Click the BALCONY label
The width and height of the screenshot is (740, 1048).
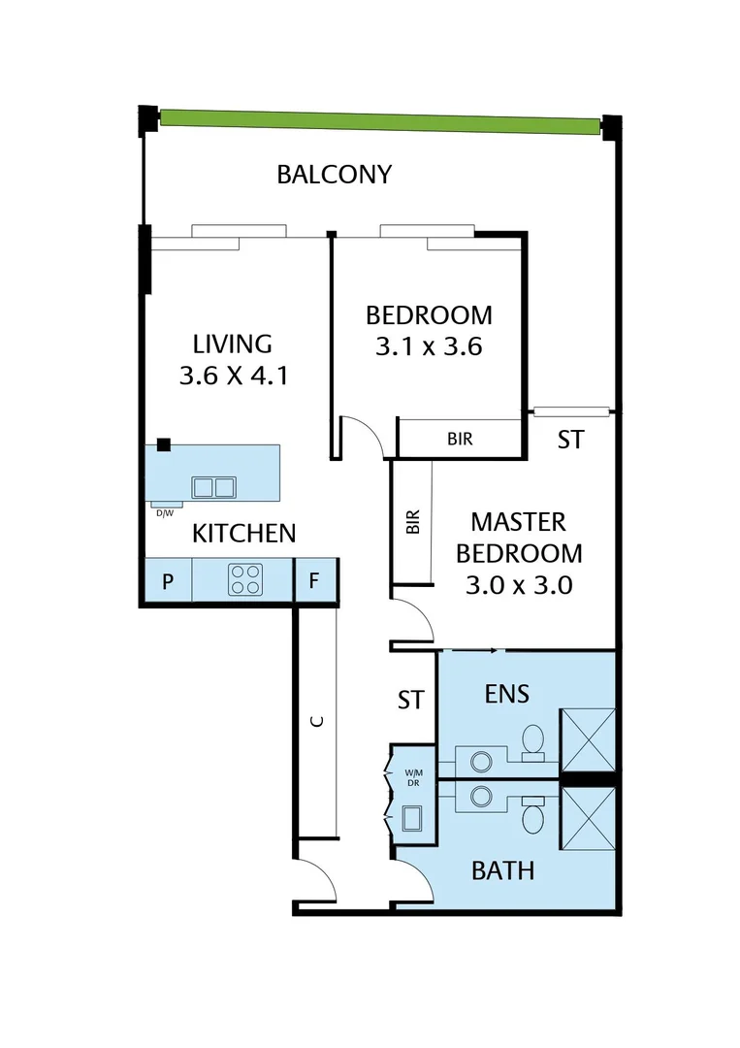(x=334, y=175)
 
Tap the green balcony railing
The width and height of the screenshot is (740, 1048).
(x=378, y=121)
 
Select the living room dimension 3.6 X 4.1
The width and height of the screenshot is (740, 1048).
(x=233, y=376)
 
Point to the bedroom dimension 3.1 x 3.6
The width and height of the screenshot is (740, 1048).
(x=429, y=346)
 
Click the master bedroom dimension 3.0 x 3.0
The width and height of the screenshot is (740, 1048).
(x=519, y=585)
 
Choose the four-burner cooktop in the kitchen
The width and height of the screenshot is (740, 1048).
(x=244, y=580)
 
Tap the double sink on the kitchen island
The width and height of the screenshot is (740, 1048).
(x=213, y=486)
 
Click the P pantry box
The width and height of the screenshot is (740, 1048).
(x=168, y=582)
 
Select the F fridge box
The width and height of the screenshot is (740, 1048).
(x=314, y=582)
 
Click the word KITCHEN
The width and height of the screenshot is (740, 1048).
(x=243, y=533)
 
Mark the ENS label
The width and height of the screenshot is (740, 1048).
(x=505, y=694)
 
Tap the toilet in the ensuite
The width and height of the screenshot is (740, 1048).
(x=531, y=740)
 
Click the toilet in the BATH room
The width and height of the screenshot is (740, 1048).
(x=532, y=817)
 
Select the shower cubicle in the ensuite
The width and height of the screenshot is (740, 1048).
(x=588, y=740)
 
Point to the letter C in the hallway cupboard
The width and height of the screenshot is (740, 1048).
(x=315, y=721)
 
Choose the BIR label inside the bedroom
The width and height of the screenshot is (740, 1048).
(x=460, y=439)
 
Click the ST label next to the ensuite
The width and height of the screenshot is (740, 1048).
(x=411, y=700)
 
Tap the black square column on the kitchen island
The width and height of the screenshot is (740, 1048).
(x=164, y=444)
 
